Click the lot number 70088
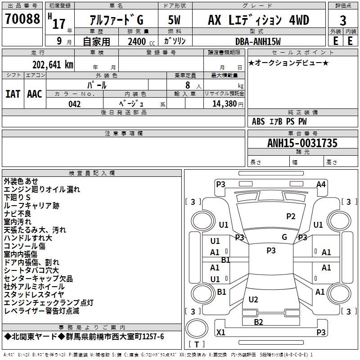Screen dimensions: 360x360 click(22, 19)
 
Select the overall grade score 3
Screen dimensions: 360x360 click(343, 20)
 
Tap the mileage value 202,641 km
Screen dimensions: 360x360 click(53, 64)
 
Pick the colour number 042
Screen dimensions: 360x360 click(75, 104)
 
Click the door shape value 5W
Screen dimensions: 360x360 click(175, 20)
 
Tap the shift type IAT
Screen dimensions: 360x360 click(13, 94)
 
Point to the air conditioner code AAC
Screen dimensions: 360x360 click(34, 94)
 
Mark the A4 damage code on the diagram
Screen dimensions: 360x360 click(321, 184)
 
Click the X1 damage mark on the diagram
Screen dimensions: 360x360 click(221, 333)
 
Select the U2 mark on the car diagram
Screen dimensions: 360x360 click(253, 299)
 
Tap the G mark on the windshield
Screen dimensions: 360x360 click(284, 237)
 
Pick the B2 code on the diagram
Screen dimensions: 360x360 click(258, 322)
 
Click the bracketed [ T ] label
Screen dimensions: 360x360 click(196, 345)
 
